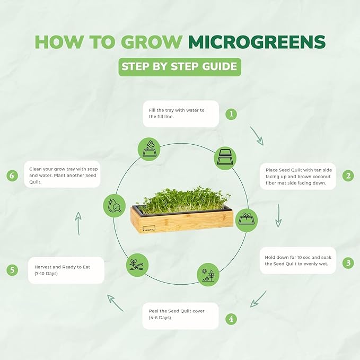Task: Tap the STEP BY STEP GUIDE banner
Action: [180, 67]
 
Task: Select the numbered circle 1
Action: [231, 113]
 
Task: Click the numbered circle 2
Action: [348, 176]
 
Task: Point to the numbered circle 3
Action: [348, 262]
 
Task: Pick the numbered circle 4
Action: [231, 319]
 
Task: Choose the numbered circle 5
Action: [12, 269]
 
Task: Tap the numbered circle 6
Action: [12, 176]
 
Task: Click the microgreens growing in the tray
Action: [180, 199]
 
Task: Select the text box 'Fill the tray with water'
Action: [180, 113]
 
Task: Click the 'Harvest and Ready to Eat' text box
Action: [66, 270]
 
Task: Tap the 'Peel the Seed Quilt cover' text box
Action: [180, 315]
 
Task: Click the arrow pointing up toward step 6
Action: [78, 223]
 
